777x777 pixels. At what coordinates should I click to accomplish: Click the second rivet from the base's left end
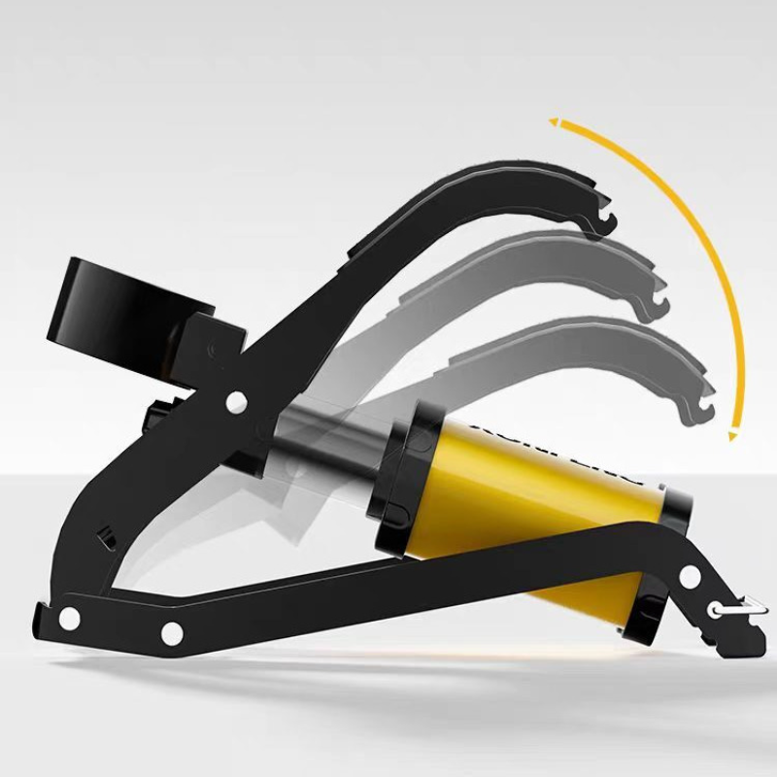[x=172, y=633]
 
